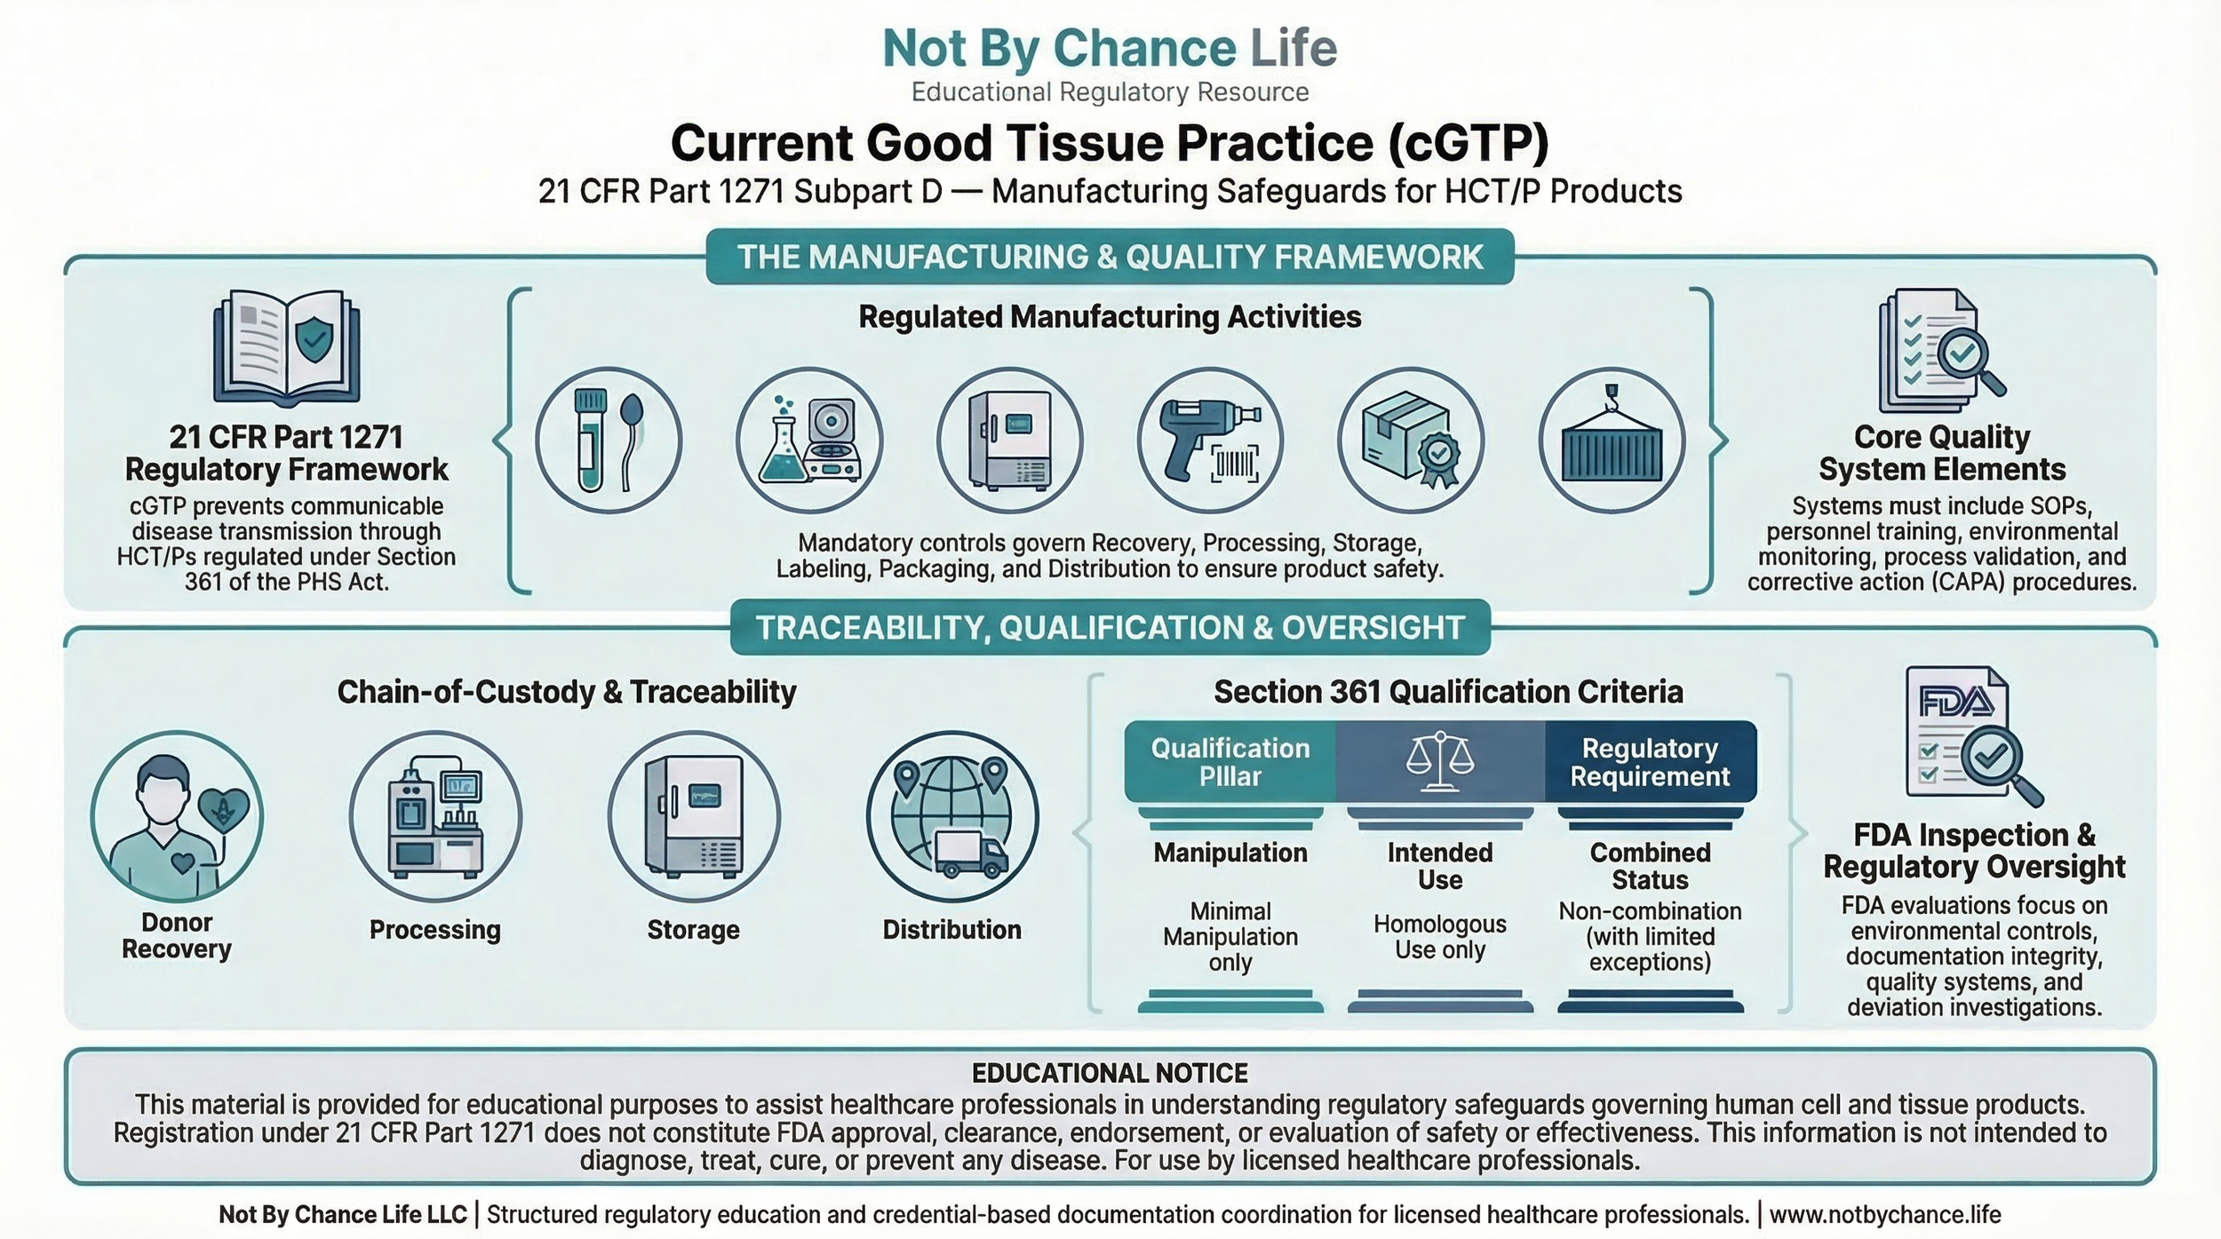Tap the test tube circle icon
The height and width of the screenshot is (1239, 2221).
(x=609, y=441)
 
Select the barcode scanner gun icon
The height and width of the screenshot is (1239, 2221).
(x=1210, y=441)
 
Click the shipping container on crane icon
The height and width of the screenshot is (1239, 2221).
(x=1612, y=441)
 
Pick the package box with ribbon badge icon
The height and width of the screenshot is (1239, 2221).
(x=1411, y=441)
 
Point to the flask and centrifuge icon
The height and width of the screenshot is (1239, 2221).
(x=809, y=441)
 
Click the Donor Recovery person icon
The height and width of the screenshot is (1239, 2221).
(x=177, y=817)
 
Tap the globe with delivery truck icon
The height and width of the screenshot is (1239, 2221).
(x=952, y=817)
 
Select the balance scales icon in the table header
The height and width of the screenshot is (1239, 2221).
(x=1440, y=762)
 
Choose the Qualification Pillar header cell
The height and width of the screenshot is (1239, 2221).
(x=1230, y=762)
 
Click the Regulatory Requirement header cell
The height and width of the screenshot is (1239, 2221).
(x=1650, y=762)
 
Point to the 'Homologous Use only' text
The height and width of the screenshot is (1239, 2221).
(x=1440, y=936)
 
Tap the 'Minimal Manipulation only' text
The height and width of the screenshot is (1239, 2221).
(x=1230, y=936)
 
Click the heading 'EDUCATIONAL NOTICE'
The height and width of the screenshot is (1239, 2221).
(x=1110, y=1073)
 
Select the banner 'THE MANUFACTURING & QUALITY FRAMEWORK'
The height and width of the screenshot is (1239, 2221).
(x=1110, y=257)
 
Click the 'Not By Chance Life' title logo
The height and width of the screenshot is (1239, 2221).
(x=1110, y=48)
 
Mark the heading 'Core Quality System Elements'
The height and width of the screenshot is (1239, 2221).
(x=1942, y=453)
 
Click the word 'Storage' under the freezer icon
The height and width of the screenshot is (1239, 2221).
(x=693, y=930)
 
